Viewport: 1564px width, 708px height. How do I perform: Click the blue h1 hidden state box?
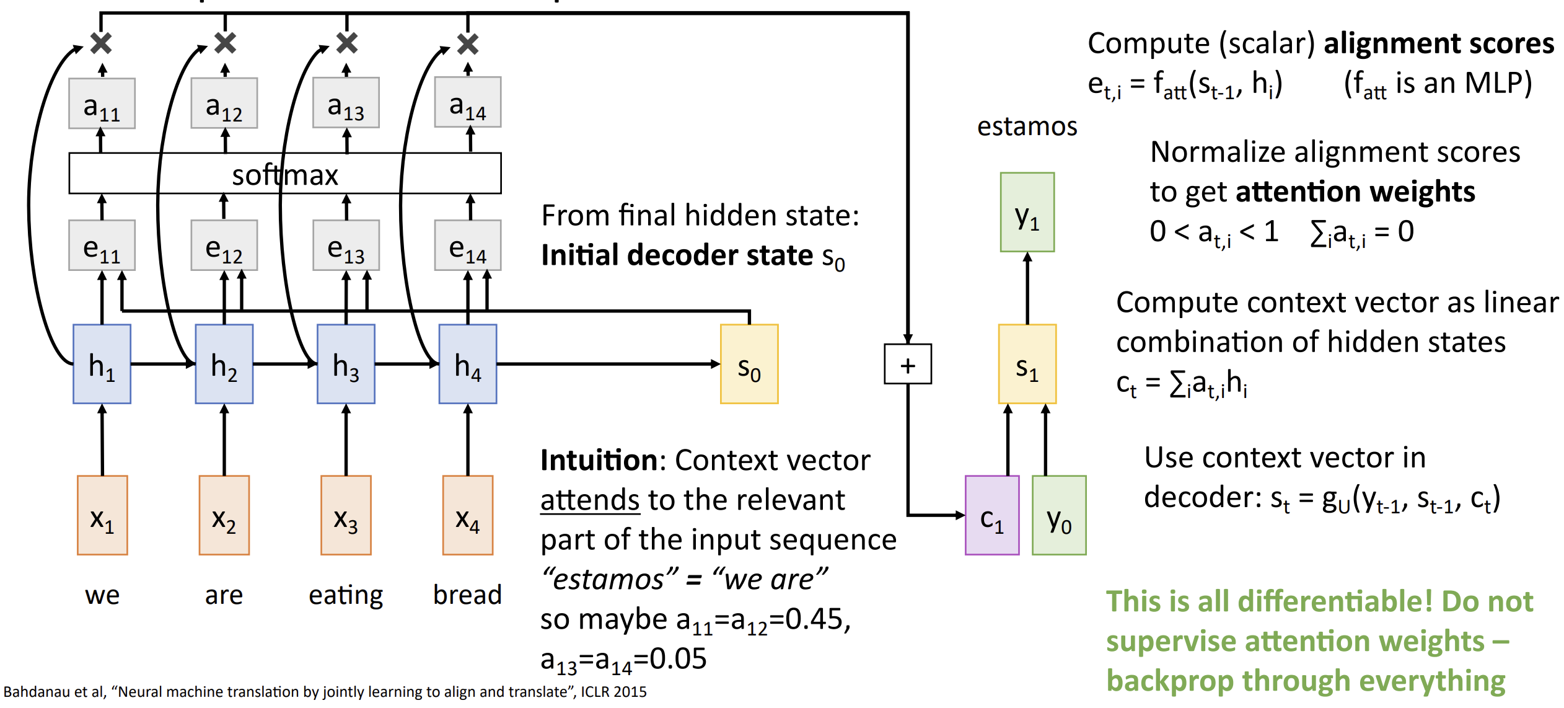click(x=102, y=364)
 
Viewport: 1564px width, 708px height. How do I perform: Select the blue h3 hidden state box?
click(x=346, y=364)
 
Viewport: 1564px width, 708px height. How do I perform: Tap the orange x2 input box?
click(x=224, y=515)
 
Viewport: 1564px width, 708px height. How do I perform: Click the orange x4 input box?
click(x=467, y=515)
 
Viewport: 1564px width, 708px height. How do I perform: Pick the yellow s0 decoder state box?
click(x=749, y=364)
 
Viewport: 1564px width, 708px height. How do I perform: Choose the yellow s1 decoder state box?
click(x=1027, y=364)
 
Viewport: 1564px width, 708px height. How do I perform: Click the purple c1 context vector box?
click(x=991, y=515)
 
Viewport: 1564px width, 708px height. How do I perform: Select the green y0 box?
click(x=1059, y=515)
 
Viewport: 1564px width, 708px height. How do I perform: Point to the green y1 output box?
click(x=1027, y=212)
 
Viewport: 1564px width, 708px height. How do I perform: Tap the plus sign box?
click(x=907, y=365)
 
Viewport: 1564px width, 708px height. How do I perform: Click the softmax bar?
click(x=285, y=174)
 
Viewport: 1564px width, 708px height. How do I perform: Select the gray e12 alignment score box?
click(x=224, y=246)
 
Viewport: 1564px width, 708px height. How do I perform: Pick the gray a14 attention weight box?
click(x=467, y=102)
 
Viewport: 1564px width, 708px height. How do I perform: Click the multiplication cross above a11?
click(x=101, y=43)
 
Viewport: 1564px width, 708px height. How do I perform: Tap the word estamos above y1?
click(x=1027, y=126)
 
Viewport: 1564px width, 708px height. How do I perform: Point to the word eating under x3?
click(x=346, y=595)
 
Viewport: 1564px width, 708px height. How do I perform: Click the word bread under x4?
click(x=467, y=595)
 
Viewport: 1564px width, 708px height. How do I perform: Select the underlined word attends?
click(x=589, y=500)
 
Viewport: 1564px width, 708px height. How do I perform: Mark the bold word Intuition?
click(x=599, y=461)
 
